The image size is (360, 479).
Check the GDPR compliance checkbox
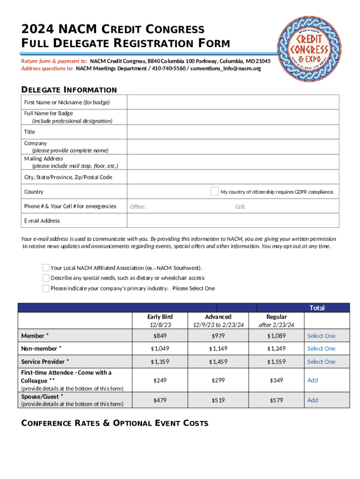coord(214,191)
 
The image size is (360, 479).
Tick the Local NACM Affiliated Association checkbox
coord(45,268)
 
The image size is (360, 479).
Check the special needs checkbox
coord(45,278)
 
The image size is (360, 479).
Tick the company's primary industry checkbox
coord(45,288)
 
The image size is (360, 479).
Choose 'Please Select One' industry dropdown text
coord(194,289)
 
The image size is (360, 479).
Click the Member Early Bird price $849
coord(160,336)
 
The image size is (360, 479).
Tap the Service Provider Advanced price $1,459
coord(218,362)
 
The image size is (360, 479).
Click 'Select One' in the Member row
coord(321,336)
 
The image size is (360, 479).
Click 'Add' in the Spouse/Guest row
coord(312,400)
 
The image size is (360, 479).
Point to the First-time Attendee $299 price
coord(218,380)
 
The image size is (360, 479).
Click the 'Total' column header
coord(317,308)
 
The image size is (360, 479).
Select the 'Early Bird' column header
coord(160,317)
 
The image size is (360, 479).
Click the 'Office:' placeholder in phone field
coord(138,207)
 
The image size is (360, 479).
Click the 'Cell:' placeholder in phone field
coord(240,207)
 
